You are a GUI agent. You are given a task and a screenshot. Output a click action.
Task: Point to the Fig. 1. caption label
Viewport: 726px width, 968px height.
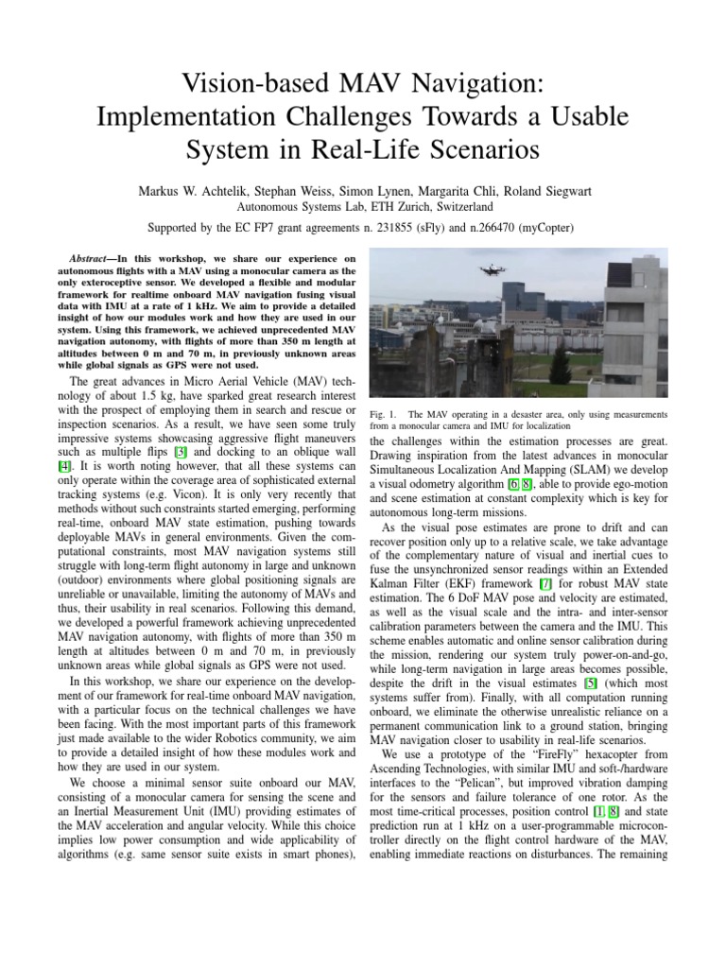379,414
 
